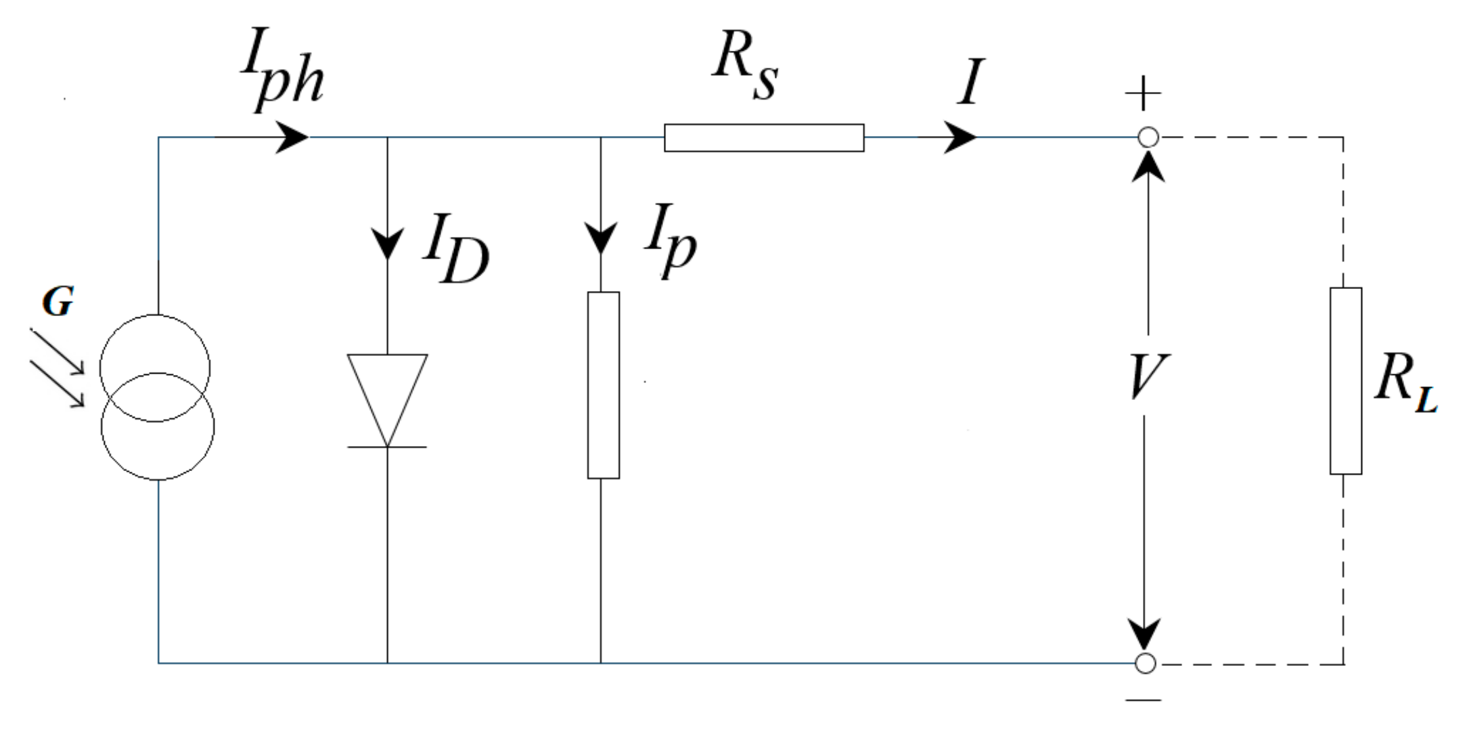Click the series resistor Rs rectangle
(764, 137)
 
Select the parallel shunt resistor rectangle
(603, 385)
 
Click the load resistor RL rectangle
(1345, 381)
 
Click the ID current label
(455, 248)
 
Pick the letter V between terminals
(1148, 376)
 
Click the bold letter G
(58, 302)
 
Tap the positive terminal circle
(1148, 137)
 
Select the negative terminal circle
(1145, 663)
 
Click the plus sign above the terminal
(1143, 93)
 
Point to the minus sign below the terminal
(1144, 700)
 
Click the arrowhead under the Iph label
(292, 137)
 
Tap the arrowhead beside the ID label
(388, 242)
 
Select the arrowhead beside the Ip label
(601, 238)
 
